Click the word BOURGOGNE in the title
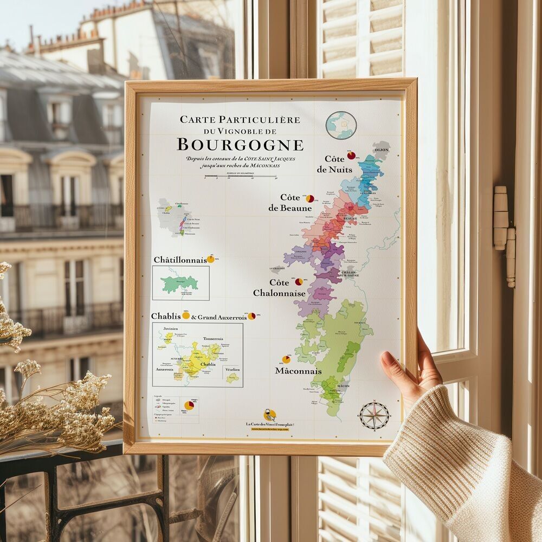[240, 145]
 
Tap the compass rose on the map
[374, 416]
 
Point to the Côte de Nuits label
[334, 164]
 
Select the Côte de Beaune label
[290, 203]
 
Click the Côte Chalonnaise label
[279, 288]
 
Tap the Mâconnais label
[298, 371]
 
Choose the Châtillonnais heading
[180, 260]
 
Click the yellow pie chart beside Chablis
[186, 315]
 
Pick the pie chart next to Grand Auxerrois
[251, 316]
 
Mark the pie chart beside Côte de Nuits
[351, 156]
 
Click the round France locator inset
[341, 125]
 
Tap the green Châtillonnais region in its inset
[179, 283]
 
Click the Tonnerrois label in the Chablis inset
[213, 339]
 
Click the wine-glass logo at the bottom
[269, 415]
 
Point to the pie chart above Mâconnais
[286, 359]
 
